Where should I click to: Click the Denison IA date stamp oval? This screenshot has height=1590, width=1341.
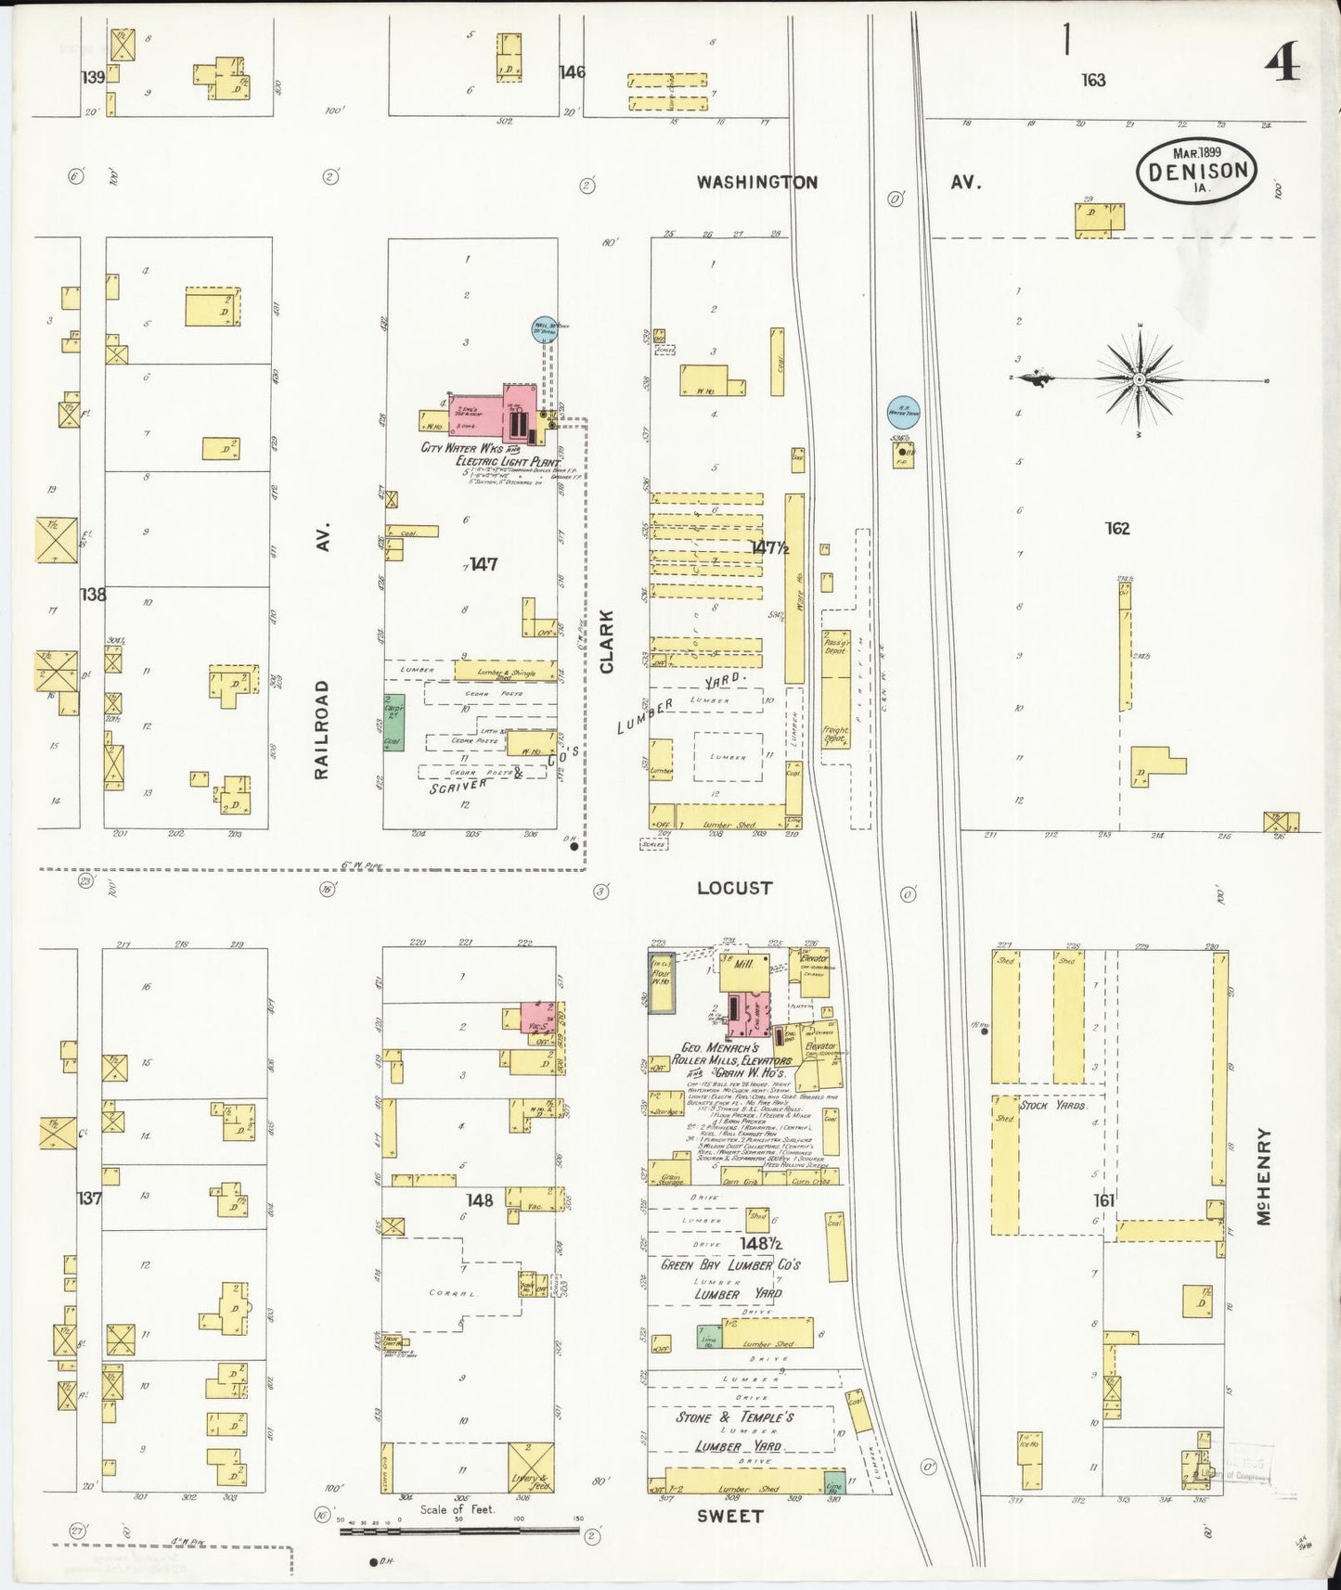pyautogui.click(x=1197, y=170)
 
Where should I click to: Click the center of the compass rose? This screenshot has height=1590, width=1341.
pyautogui.click(x=1139, y=379)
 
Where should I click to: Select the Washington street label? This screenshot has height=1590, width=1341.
pyautogui.click(x=757, y=182)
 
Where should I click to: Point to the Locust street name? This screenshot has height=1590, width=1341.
pyautogui.click(x=734, y=888)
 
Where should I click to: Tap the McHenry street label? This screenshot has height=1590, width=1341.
pyautogui.click(x=1264, y=1176)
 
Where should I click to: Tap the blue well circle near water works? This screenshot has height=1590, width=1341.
pyautogui.click(x=543, y=327)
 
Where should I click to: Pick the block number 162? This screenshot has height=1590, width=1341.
pyautogui.click(x=1117, y=529)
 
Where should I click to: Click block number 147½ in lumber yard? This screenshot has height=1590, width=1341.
pyautogui.click(x=769, y=547)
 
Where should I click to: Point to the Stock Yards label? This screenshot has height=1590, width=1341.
pyautogui.click(x=1053, y=1105)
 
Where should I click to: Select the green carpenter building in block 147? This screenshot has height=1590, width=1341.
pyautogui.click(x=393, y=723)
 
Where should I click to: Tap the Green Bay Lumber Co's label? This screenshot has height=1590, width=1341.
pyautogui.click(x=730, y=1264)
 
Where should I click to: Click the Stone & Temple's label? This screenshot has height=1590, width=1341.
pyautogui.click(x=734, y=1417)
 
